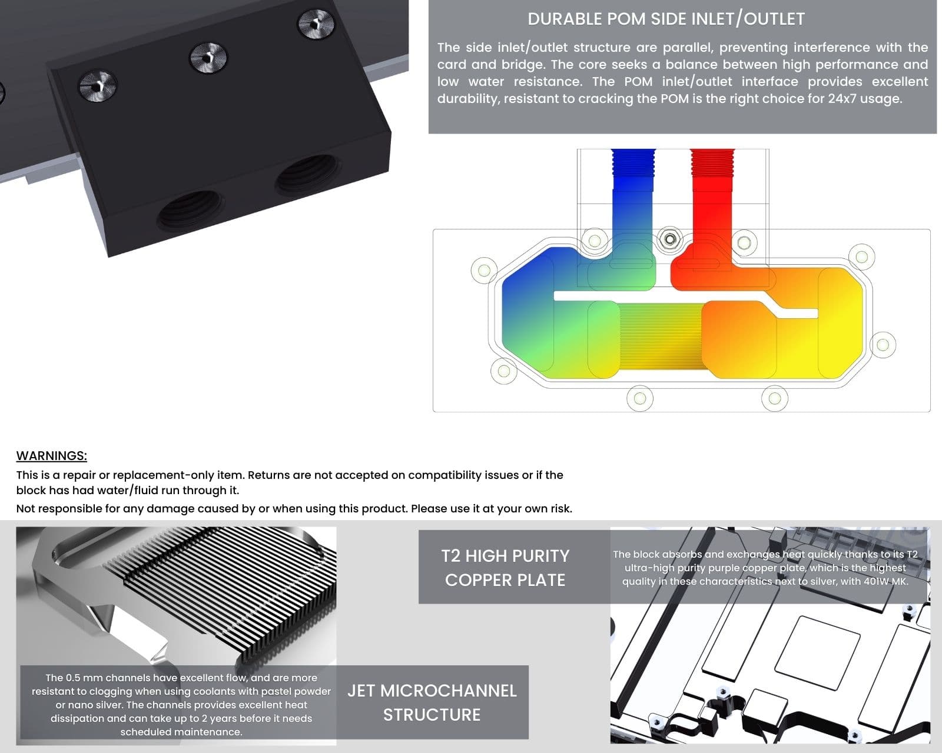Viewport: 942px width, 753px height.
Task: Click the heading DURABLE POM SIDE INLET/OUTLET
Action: click(x=666, y=19)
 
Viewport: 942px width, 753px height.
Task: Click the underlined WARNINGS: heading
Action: click(x=52, y=455)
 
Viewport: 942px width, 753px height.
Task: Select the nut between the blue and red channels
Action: click(x=670, y=239)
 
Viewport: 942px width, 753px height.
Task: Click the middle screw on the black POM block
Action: click(x=208, y=57)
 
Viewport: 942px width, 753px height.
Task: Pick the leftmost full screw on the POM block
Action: click(x=98, y=85)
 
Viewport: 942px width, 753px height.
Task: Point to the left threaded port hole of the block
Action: click(x=191, y=209)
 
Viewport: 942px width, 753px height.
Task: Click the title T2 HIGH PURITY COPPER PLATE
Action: click(x=505, y=568)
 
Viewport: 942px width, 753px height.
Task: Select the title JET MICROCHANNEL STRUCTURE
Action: click(x=432, y=702)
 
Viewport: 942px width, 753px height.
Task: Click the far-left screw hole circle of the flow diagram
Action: click(x=484, y=271)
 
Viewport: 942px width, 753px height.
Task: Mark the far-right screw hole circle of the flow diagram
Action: click(x=883, y=345)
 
